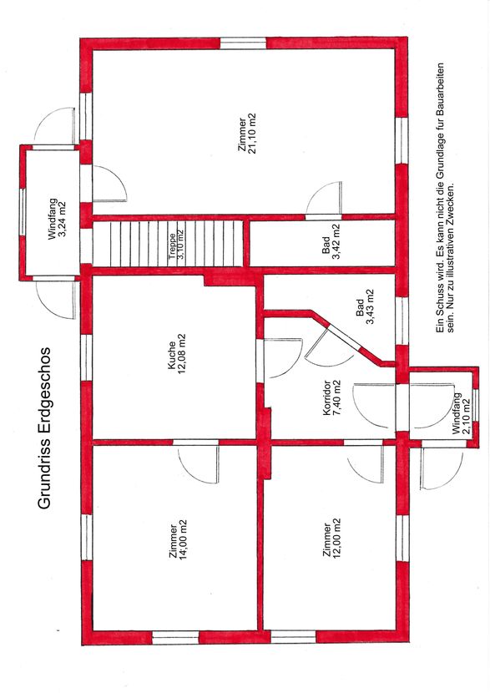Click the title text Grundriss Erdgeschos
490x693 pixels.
click(x=43, y=427)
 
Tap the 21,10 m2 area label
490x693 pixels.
click(x=252, y=133)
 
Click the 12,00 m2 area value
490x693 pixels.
click(x=336, y=539)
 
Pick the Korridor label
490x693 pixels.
click(x=327, y=397)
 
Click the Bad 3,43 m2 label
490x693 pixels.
click(x=365, y=307)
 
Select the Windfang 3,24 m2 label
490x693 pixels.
click(x=58, y=220)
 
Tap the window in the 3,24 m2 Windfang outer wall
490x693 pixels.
click(x=23, y=211)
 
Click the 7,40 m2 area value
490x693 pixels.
click(x=336, y=397)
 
